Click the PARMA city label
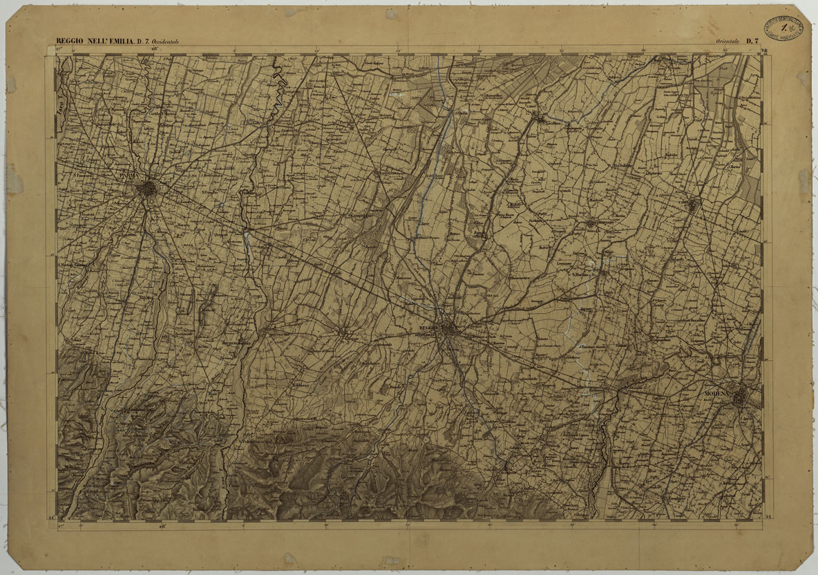tap(129, 177)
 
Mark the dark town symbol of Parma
tap(147, 188)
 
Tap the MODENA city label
tap(718, 393)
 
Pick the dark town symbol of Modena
tap(741, 397)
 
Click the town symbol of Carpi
tap(694, 204)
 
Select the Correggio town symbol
tap(592, 223)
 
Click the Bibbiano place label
tap(298, 385)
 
